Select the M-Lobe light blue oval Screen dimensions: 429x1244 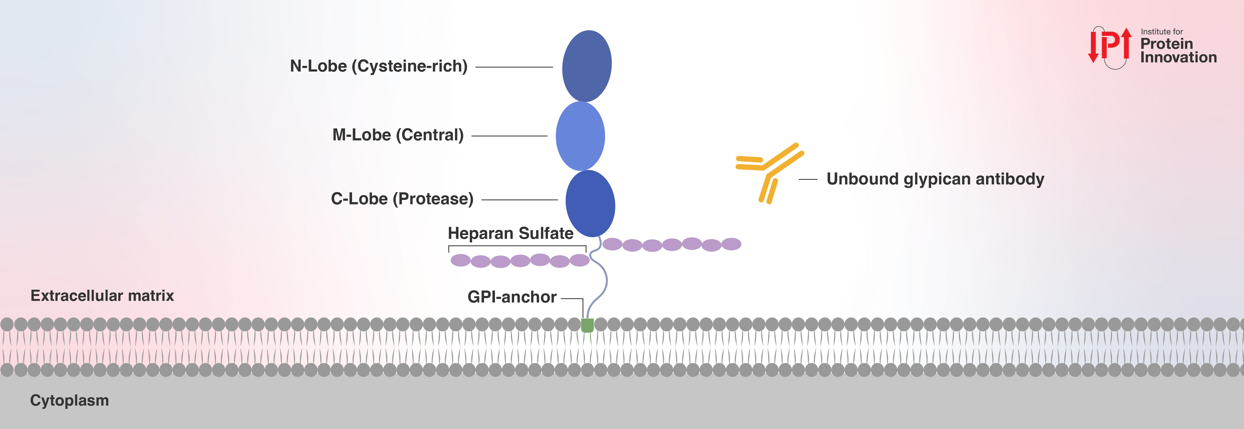click(x=580, y=136)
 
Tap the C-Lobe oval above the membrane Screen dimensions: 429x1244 click(x=590, y=204)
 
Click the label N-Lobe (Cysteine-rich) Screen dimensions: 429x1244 click(x=378, y=66)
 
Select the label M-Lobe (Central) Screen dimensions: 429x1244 click(x=398, y=135)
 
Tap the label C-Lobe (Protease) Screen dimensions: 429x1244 click(x=402, y=199)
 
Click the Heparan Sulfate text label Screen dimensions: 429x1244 click(x=510, y=234)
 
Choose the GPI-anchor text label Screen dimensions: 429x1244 click(x=512, y=297)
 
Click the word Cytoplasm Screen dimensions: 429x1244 click(x=70, y=400)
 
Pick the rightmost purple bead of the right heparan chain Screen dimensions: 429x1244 click(x=731, y=244)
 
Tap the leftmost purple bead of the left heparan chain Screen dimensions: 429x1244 click(x=460, y=261)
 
